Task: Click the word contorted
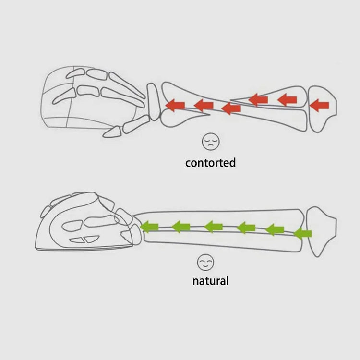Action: click(210, 163)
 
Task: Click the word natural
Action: click(210, 281)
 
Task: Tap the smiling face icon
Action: click(205, 262)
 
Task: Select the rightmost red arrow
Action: click(319, 106)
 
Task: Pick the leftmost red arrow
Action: click(175, 106)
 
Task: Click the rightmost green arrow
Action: click(302, 234)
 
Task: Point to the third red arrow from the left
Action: click(231, 108)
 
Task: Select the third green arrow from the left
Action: click(213, 227)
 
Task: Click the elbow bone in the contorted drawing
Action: click(322, 109)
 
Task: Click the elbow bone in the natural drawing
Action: click(321, 231)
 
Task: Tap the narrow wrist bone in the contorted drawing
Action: click(154, 102)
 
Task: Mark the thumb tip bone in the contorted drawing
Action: click(112, 132)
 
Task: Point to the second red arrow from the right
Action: click(287, 100)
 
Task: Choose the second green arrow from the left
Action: click(181, 227)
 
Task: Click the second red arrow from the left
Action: click(204, 106)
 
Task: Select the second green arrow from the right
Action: click(275, 229)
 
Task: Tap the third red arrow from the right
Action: click(258, 100)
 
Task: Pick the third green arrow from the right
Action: click(246, 228)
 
